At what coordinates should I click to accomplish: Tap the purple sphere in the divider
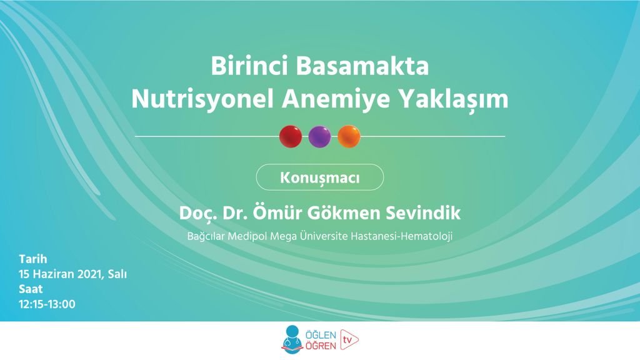pyautogui.click(x=319, y=136)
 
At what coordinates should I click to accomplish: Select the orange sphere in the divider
pyautogui.click(x=349, y=136)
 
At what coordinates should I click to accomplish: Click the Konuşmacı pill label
pyautogui.click(x=319, y=177)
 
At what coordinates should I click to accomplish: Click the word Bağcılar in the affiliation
pyautogui.click(x=208, y=237)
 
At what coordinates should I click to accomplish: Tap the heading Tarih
pyautogui.click(x=33, y=259)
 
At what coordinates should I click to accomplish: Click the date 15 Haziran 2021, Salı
pyautogui.click(x=72, y=274)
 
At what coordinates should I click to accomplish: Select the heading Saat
pyautogui.click(x=31, y=289)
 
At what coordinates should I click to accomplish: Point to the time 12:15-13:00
pyautogui.click(x=47, y=304)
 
